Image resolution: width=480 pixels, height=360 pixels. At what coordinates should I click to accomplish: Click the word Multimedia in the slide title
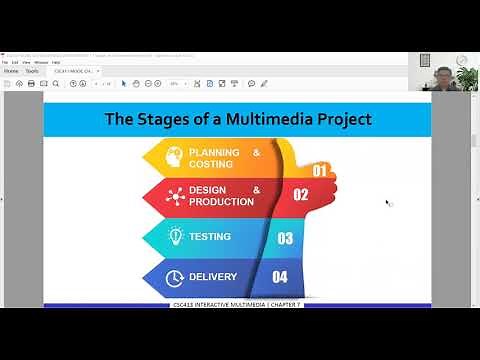(270, 120)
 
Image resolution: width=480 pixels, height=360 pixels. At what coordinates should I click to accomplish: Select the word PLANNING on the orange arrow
(214, 153)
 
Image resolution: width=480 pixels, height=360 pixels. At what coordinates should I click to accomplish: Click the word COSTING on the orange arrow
(211, 164)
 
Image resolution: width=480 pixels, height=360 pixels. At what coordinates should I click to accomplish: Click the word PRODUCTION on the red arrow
(222, 201)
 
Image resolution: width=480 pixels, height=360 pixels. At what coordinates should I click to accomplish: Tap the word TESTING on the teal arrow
(210, 237)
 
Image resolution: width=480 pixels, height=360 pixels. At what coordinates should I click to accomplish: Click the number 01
(320, 171)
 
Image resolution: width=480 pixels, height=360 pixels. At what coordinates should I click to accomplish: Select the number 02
(300, 195)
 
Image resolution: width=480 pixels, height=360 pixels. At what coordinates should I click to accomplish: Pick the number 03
(285, 238)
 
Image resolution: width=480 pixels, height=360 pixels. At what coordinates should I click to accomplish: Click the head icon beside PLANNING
(173, 158)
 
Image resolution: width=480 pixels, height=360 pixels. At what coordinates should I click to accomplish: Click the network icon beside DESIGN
(173, 195)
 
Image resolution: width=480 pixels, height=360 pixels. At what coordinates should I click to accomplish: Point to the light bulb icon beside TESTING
(174, 237)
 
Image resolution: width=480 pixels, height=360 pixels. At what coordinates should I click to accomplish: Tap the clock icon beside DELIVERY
(173, 276)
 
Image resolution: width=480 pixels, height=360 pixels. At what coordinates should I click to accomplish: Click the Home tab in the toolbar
(11, 71)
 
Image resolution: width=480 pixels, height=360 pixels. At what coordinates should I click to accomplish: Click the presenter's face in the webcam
(444, 74)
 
